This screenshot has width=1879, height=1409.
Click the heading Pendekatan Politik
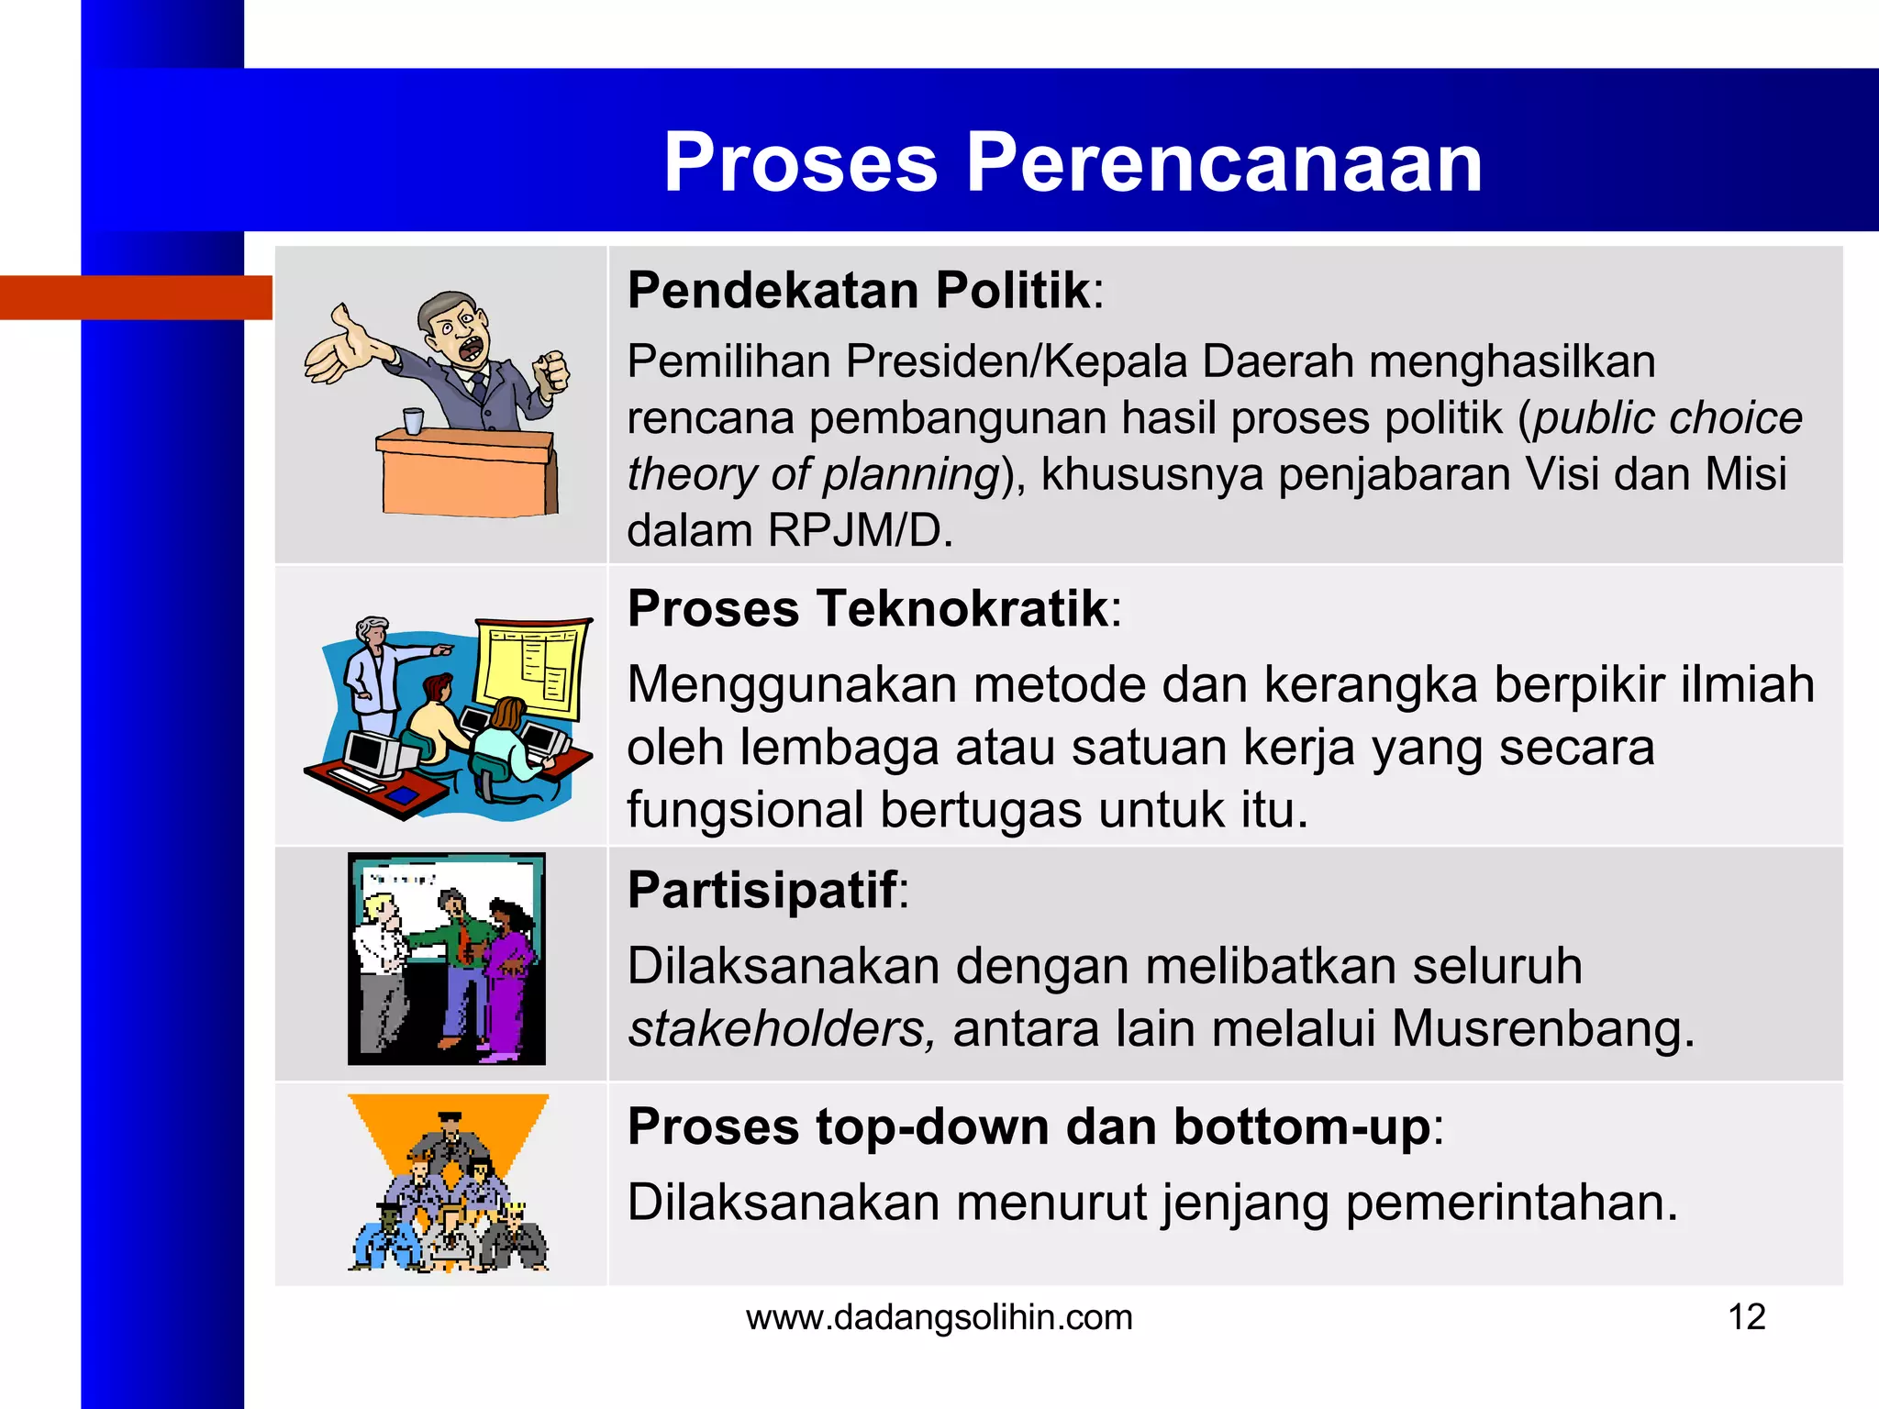[859, 291]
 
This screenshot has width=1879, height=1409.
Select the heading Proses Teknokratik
[868, 609]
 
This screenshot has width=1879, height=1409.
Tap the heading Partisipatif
[762, 890]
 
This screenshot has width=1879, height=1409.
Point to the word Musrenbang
[1542, 1028]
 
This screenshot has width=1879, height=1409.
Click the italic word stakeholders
[781, 1028]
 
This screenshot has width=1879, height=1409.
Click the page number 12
[1746, 1317]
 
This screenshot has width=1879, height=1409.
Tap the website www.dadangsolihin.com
[939, 1317]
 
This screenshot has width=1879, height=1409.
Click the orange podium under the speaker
[468, 477]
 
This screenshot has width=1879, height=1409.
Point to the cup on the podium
[414, 421]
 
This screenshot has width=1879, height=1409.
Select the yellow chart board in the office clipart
[532, 668]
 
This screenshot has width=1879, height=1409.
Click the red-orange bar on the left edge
[136, 297]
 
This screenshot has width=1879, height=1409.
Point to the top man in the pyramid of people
[450, 1137]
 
